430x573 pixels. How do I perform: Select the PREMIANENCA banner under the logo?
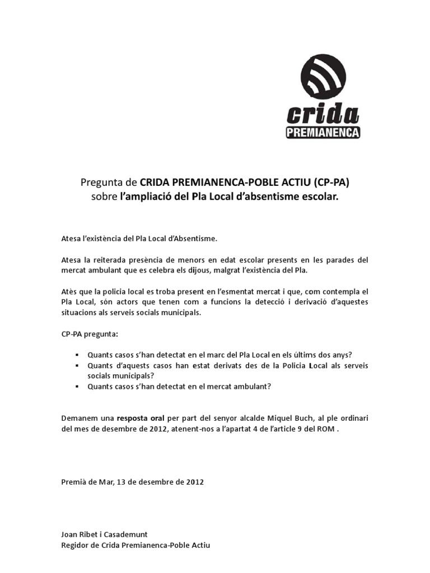click(322, 133)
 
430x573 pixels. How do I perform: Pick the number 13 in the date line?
click(123, 482)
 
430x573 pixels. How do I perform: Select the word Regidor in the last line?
click(75, 545)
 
